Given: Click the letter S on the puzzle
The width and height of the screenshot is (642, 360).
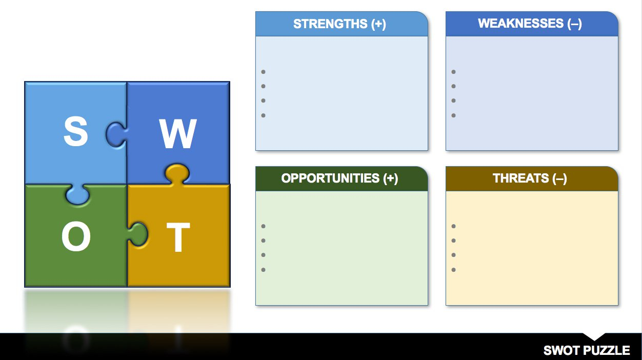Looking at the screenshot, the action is click(x=76, y=131).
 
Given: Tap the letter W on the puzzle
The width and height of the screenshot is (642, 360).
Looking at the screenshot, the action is click(x=178, y=133).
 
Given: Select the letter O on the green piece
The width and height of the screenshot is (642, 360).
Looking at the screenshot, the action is click(x=76, y=236).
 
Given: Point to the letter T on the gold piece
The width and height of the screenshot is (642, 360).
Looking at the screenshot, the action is click(x=178, y=237).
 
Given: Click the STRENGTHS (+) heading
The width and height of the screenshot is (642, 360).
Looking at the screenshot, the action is click(x=339, y=24).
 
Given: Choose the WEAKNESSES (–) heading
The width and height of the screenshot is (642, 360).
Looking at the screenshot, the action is click(x=530, y=24).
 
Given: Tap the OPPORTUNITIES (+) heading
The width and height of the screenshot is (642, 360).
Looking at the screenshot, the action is click(x=339, y=178).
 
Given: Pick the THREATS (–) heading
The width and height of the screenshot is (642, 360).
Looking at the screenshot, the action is click(x=530, y=178).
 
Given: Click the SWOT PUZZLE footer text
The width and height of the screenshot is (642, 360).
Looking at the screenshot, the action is click(x=587, y=350).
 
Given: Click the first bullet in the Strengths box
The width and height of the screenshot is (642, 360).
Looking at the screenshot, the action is click(x=264, y=72).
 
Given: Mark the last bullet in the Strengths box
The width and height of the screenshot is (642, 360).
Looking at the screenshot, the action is click(x=264, y=115).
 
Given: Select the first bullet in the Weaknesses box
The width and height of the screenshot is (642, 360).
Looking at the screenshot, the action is click(x=453, y=72).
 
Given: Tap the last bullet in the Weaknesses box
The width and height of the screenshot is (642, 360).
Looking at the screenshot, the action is click(x=453, y=115).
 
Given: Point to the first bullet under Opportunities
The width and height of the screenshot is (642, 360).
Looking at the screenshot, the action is click(x=264, y=226).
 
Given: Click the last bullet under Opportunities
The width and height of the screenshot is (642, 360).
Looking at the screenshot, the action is click(x=264, y=270).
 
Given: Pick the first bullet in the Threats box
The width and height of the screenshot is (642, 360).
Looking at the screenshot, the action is click(x=453, y=226).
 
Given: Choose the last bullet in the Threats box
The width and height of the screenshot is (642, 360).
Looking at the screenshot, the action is click(x=453, y=270).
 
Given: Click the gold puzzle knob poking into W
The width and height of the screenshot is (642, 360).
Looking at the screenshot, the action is click(x=177, y=173).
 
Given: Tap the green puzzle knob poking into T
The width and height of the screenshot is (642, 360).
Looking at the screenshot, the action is click(x=138, y=234).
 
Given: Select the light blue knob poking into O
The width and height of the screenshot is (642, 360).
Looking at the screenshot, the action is click(x=77, y=194).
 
